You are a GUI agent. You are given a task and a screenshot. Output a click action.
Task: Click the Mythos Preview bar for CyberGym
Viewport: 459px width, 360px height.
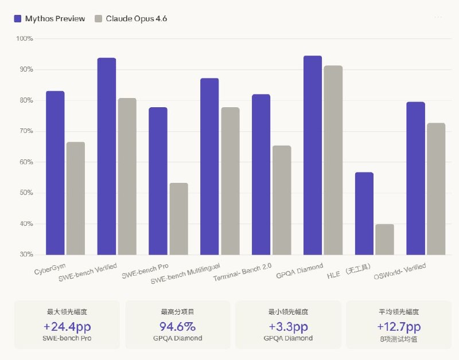point(55,173)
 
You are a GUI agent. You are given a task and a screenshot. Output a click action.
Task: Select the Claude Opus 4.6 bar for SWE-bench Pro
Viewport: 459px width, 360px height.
point(178,218)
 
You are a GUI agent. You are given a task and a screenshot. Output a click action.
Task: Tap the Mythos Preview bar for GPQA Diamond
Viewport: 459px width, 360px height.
point(313,155)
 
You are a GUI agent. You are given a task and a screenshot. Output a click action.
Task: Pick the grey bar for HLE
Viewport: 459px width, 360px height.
point(384,239)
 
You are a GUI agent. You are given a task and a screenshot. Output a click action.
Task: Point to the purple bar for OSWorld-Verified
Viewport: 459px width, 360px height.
point(415,178)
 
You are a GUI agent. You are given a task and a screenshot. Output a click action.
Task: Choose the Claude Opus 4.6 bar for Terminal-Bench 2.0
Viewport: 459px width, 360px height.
point(281,200)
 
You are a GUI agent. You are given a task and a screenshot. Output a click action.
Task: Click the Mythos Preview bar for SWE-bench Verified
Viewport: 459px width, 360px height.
point(107,156)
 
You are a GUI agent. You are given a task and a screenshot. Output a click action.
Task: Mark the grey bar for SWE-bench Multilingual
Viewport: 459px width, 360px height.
point(229,181)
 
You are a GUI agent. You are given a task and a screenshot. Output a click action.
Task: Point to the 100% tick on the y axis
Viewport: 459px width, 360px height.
point(25,38)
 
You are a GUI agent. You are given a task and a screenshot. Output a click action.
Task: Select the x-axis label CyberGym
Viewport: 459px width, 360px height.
point(49,269)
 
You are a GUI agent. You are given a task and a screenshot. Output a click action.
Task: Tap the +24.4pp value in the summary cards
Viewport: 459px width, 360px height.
point(67,327)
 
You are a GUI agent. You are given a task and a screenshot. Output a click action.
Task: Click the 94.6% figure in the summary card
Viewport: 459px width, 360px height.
point(177,327)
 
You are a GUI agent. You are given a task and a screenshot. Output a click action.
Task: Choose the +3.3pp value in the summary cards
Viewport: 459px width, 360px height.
point(288,327)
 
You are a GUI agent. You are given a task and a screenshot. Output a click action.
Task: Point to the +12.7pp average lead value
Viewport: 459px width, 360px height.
point(399,327)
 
